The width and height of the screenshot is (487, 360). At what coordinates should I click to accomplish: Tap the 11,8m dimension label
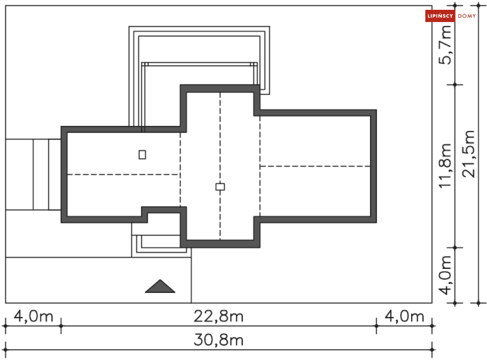(445, 166)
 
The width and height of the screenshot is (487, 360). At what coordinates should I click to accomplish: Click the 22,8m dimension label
(219, 316)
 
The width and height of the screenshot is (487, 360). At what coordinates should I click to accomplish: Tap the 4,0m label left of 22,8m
(33, 316)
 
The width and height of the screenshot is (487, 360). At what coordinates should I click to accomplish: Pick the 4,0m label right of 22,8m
(404, 316)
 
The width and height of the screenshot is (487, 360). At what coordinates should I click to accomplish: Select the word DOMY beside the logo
(467, 16)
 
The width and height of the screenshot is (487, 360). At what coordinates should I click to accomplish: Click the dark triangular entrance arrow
(160, 286)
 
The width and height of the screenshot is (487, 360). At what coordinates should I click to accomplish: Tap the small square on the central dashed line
(220, 187)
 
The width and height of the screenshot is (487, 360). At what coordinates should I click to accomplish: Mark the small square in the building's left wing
(142, 154)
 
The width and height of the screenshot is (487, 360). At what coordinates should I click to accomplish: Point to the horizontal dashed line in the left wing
(123, 174)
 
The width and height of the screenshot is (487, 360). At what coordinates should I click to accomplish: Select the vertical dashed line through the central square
(220, 137)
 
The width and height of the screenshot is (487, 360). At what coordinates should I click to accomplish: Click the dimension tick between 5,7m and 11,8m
(455, 85)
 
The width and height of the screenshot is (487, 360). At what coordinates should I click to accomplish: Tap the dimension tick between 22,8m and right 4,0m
(376, 325)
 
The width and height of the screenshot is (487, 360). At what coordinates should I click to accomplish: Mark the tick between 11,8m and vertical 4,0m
(455, 248)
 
